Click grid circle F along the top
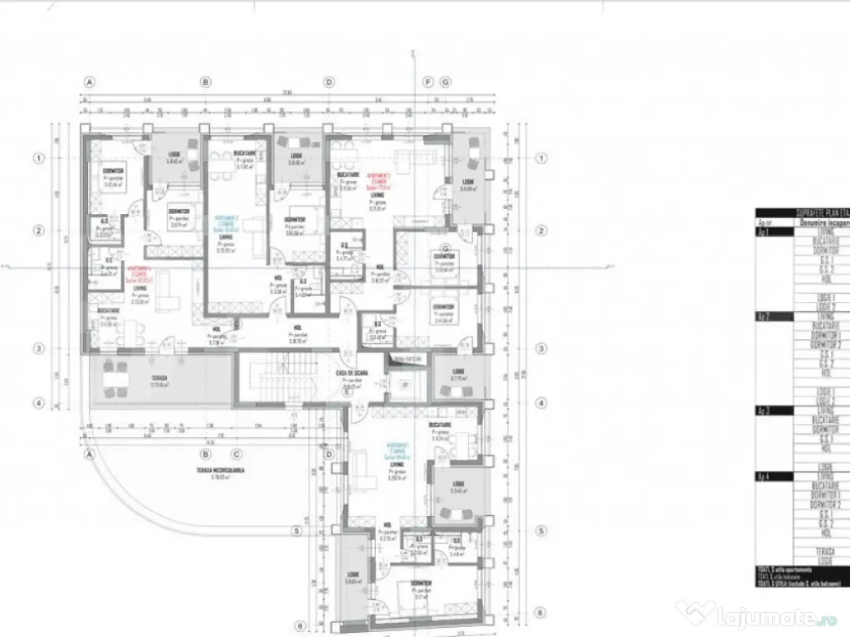click(428, 82)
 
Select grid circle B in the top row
click(205, 82)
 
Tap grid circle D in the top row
click(329, 82)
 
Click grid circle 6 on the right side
click(541, 613)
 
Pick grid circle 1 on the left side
click(38, 158)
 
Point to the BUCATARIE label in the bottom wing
click(440, 424)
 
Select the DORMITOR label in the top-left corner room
click(113, 171)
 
